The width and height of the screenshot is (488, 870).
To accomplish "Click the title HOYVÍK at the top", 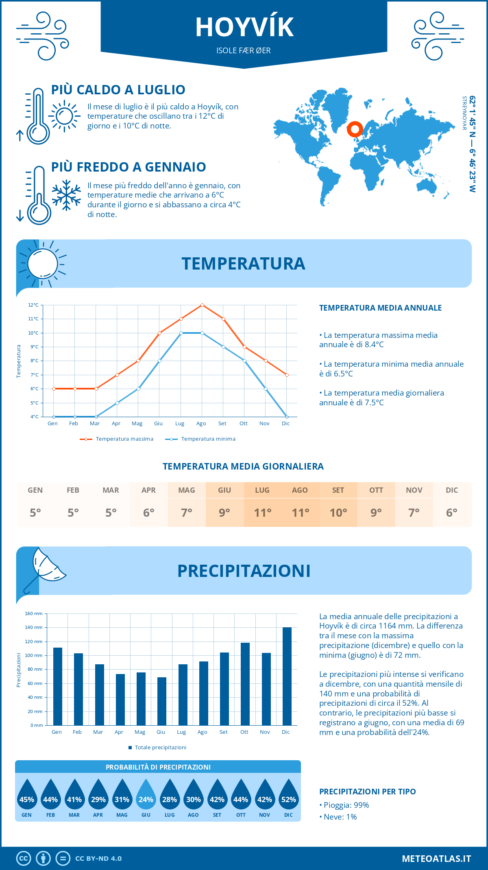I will click(x=244, y=28).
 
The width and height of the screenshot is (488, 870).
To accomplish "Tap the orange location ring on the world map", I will click(x=355, y=129).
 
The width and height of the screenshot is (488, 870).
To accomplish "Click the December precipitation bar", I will click(x=287, y=676).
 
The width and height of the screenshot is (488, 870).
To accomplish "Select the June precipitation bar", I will click(x=162, y=701).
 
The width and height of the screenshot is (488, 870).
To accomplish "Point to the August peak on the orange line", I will click(x=202, y=305).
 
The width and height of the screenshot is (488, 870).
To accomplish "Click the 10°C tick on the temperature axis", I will click(x=33, y=333).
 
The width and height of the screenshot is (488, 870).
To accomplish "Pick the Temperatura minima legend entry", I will click(x=208, y=439).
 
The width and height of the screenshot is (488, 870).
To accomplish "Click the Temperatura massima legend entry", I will click(x=124, y=439).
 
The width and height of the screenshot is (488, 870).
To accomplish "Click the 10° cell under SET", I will click(x=338, y=513).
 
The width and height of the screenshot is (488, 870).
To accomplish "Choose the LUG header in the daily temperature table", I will click(x=262, y=490).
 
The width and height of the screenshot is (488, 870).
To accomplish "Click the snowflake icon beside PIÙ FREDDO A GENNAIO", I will click(x=66, y=195).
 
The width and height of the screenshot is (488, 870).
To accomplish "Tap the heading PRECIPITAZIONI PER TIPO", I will click(x=367, y=792).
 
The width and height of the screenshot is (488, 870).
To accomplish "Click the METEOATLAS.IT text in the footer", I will click(x=436, y=859).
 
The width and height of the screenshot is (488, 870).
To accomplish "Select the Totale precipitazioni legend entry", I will click(x=160, y=748).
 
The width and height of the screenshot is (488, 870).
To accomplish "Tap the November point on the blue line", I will click(x=266, y=389).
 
